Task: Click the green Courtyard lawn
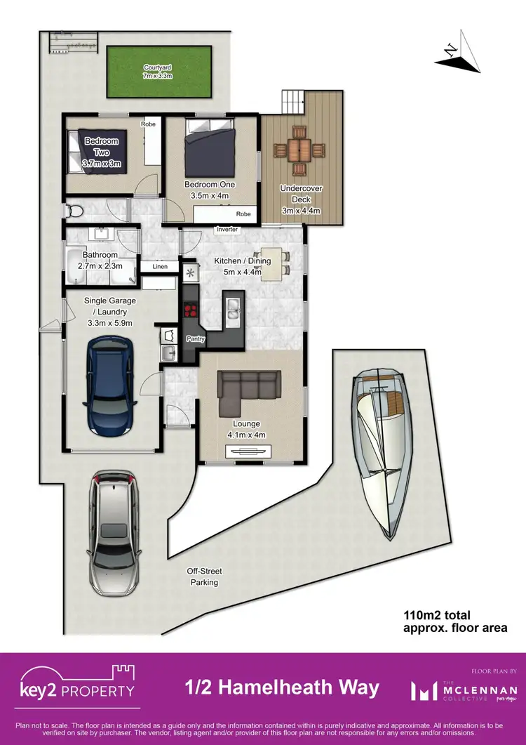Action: tap(159, 72)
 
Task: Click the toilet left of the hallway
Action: tap(75, 210)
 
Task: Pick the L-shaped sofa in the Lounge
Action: tap(245, 390)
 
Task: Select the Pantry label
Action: tap(194, 338)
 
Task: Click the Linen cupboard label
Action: tap(159, 267)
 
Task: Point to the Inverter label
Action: tap(227, 230)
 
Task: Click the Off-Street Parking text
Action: tap(203, 576)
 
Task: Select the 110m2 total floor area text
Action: tap(455, 621)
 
